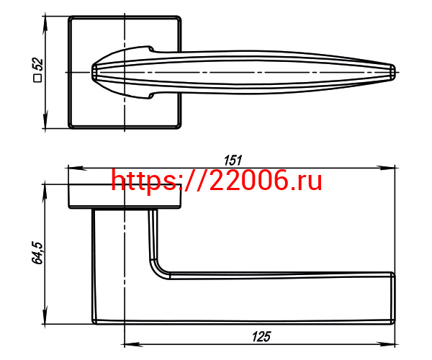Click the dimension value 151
tap(233, 161)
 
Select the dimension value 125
tap(261, 336)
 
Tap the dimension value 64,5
tap(37, 253)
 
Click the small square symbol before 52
tap(37, 78)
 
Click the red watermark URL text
tap(217, 181)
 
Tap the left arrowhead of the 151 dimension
tap(75, 168)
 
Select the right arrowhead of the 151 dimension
tap(387, 168)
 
